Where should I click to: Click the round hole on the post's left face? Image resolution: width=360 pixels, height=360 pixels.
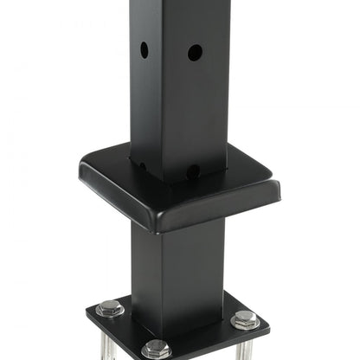[145, 50]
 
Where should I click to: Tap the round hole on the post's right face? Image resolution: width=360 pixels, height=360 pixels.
[195, 53]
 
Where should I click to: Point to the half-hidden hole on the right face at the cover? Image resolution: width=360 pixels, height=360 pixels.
[193, 170]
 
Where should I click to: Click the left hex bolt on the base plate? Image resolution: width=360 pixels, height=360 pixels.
[110, 307]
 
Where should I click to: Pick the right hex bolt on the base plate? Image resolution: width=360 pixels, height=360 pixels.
[245, 319]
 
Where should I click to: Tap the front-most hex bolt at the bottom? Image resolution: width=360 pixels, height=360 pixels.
[157, 349]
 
